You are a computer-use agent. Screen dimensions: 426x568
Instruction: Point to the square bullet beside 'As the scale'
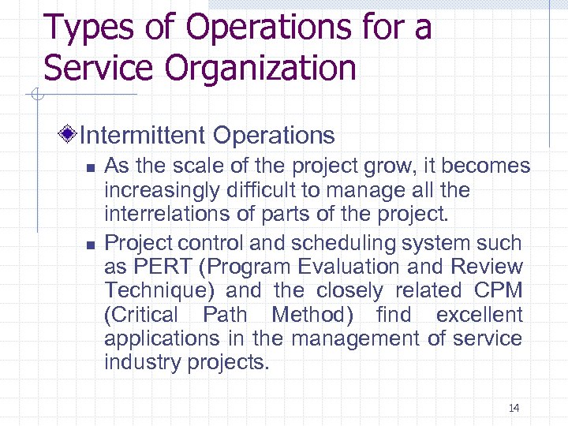tap(91, 167)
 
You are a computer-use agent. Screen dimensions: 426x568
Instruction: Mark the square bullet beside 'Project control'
tap(91, 243)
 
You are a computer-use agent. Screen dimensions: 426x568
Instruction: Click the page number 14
tap(514, 408)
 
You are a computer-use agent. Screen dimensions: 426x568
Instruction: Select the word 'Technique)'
tap(160, 291)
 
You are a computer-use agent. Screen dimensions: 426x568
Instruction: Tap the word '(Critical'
tap(141, 315)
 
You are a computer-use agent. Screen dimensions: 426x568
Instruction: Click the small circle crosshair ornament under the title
tap(35, 96)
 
